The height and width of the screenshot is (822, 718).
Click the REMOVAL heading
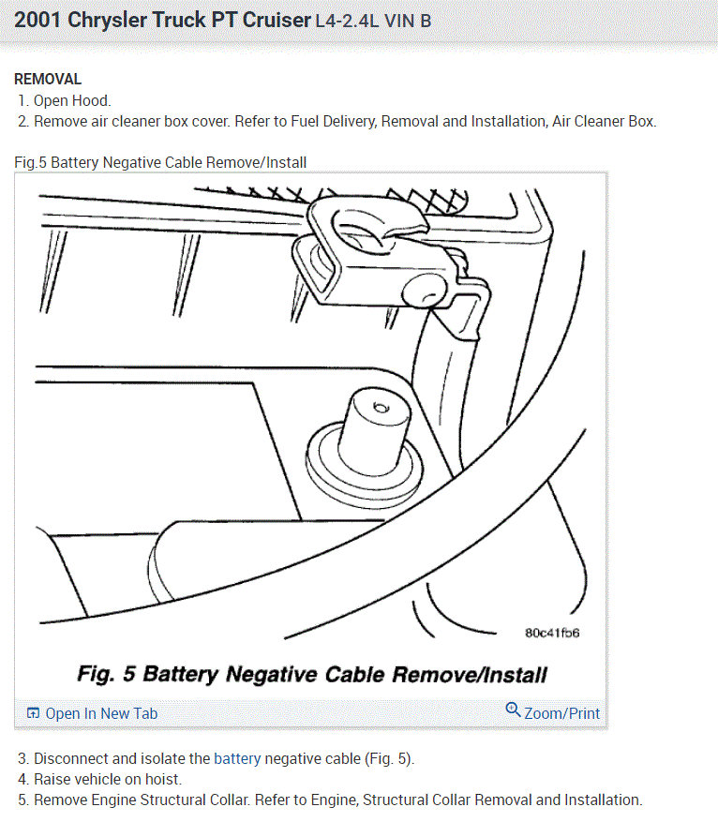48,79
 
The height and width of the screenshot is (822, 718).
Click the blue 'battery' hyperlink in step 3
237,758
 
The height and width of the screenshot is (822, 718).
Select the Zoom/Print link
561,713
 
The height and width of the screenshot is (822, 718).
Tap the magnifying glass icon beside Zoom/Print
513,710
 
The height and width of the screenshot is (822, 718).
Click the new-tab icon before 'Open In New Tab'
33,713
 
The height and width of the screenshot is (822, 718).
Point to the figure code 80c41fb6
552,633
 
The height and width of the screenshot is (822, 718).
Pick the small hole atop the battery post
380,408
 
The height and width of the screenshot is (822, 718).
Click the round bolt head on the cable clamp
424,291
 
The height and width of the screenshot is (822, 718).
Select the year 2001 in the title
37,20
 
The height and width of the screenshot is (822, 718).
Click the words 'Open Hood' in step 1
70,100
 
